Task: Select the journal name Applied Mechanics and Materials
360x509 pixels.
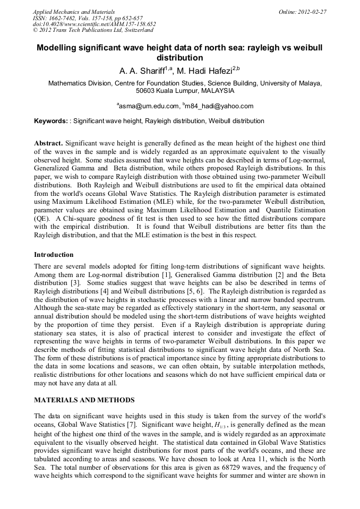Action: (x=73, y=11)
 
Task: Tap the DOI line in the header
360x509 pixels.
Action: (x=94, y=24)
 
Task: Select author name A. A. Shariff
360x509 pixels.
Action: (x=140, y=70)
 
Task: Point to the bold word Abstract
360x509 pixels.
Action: (x=48, y=144)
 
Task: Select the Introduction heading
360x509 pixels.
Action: (x=54, y=254)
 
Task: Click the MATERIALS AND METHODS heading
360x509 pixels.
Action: (x=84, y=400)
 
